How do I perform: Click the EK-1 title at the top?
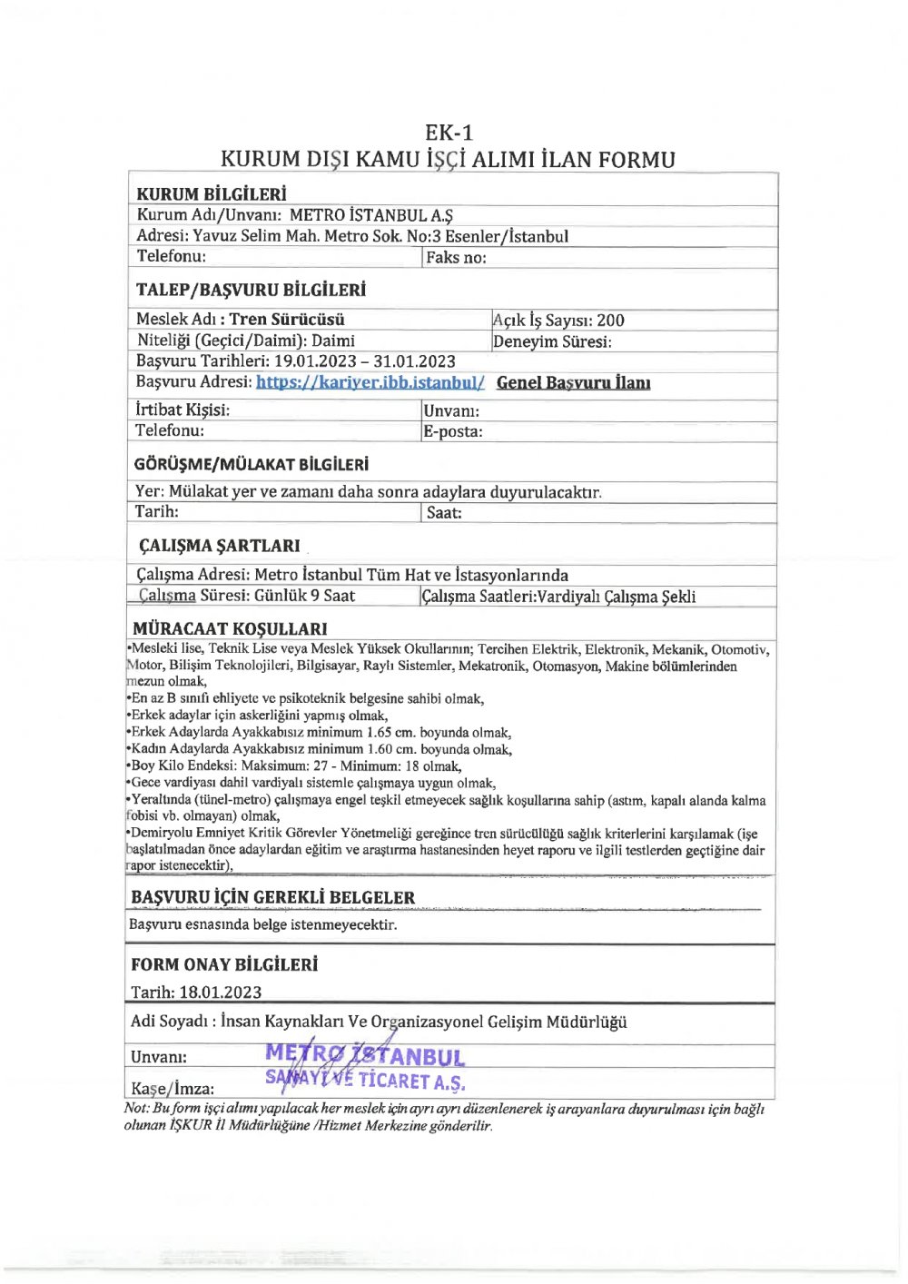tap(449, 133)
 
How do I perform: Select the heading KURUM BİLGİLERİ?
tap(211, 194)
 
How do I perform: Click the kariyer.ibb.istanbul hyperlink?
tap(370, 382)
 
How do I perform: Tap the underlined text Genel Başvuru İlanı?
tap(573, 382)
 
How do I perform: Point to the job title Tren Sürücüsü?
tap(287, 319)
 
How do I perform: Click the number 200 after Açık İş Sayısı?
tap(610, 320)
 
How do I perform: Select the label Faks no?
tap(456, 258)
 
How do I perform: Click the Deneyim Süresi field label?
tap(552, 341)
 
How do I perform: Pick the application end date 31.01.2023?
tap(414, 361)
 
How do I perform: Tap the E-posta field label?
tap(452, 431)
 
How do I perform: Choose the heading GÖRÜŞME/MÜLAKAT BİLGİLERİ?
tap(252, 464)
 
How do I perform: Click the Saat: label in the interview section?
tap(444, 513)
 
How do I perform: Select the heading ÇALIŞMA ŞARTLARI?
tap(219, 546)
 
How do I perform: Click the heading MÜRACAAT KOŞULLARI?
tap(230, 628)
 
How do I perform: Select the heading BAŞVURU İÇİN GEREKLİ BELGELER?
tap(272, 897)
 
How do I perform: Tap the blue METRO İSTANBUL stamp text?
tap(365, 1055)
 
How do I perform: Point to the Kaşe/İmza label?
tap(173, 1088)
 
